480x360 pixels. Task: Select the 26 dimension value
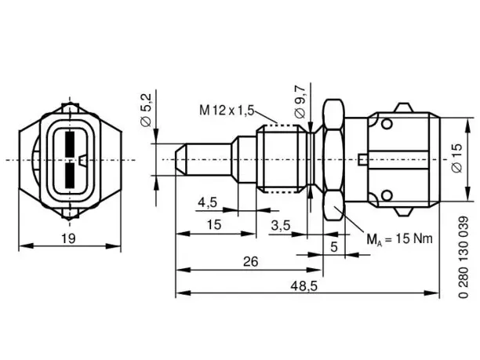[251, 262]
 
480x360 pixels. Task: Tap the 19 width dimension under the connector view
[68, 238]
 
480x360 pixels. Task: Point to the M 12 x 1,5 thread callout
[227, 111]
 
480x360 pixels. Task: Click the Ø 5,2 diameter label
[147, 111]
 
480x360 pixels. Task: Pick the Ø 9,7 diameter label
[300, 102]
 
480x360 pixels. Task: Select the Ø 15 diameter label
[457, 158]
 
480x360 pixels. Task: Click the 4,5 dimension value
[208, 202]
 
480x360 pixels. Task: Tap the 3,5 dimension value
[281, 226]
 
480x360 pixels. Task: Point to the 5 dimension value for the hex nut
[334, 247]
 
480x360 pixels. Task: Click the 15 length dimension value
[214, 225]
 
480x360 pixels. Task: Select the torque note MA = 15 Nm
[400, 239]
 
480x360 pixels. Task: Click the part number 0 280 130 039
[464, 257]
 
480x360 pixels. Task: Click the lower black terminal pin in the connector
[70, 175]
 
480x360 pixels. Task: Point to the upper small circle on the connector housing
[387, 123]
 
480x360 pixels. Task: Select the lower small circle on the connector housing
[387, 195]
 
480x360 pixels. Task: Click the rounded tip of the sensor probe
[180, 159]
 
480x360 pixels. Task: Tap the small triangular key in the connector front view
[82, 160]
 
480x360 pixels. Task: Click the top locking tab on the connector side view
[403, 108]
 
